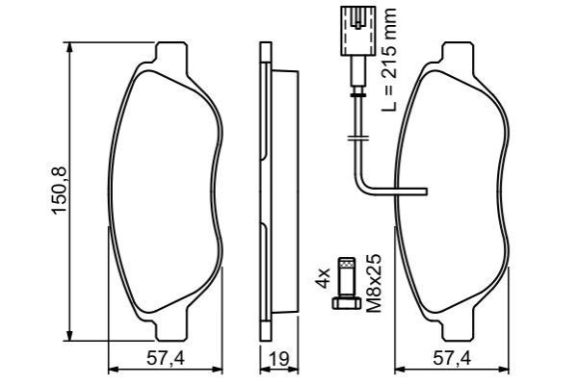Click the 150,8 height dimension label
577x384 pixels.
pos(60,191)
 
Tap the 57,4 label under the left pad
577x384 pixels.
pos(166,359)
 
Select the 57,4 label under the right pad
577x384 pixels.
pos(452,359)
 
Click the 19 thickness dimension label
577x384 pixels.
pos(279,359)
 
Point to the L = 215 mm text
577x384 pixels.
pos(389,59)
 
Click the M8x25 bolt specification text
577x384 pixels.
pos(376,283)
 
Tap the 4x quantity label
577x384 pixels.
pos(323,278)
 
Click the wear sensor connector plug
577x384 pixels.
pos(358,31)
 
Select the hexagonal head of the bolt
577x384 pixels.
pos(347,303)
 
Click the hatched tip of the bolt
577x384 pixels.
pos(347,263)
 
